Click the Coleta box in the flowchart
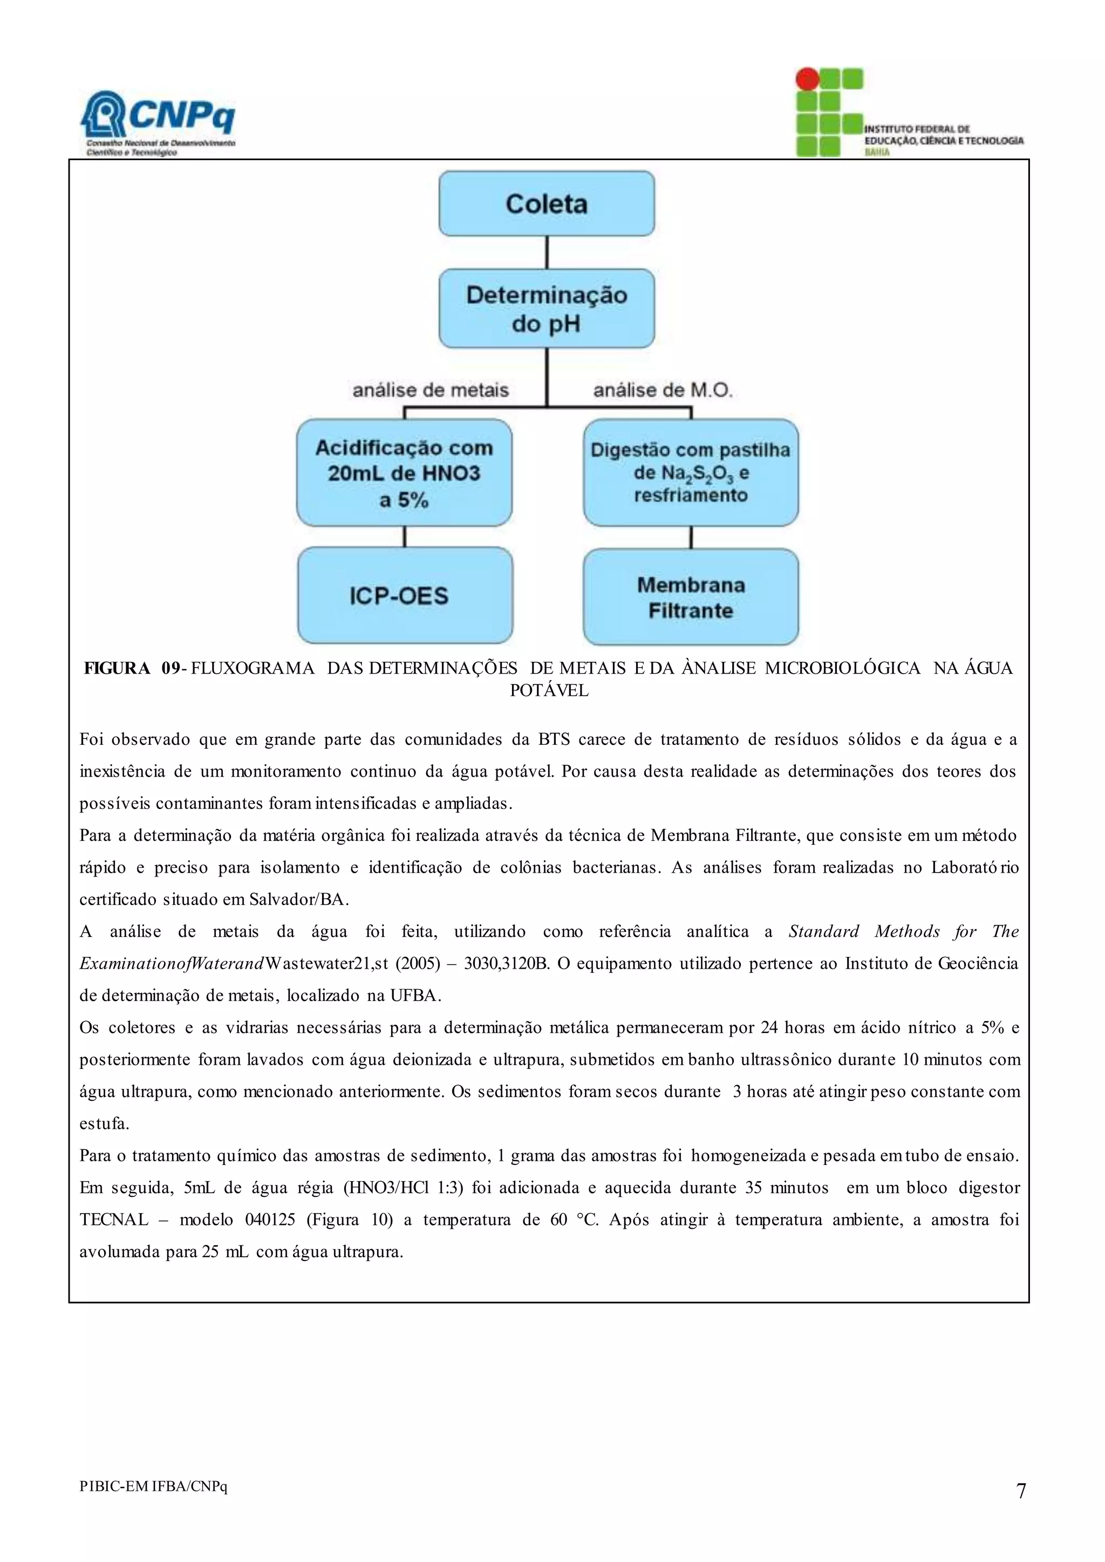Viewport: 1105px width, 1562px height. point(547,203)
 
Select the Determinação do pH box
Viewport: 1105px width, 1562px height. point(547,309)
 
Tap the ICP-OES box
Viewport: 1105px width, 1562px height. point(405,596)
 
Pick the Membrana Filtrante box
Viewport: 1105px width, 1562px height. point(691,597)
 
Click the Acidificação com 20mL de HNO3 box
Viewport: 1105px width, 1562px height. point(404,474)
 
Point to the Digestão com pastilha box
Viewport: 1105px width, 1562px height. point(691,473)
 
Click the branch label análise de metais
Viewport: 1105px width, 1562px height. point(430,391)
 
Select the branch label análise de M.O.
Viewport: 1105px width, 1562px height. point(663,391)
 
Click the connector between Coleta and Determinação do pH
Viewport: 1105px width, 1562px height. point(547,252)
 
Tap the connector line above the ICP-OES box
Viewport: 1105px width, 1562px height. point(405,537)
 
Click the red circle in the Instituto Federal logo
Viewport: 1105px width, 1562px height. point(808,79)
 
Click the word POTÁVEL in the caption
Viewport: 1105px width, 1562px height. point(549,690)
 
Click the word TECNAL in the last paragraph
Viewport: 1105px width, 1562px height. point(114,1220)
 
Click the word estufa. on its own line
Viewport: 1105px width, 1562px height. point(104,1124)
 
